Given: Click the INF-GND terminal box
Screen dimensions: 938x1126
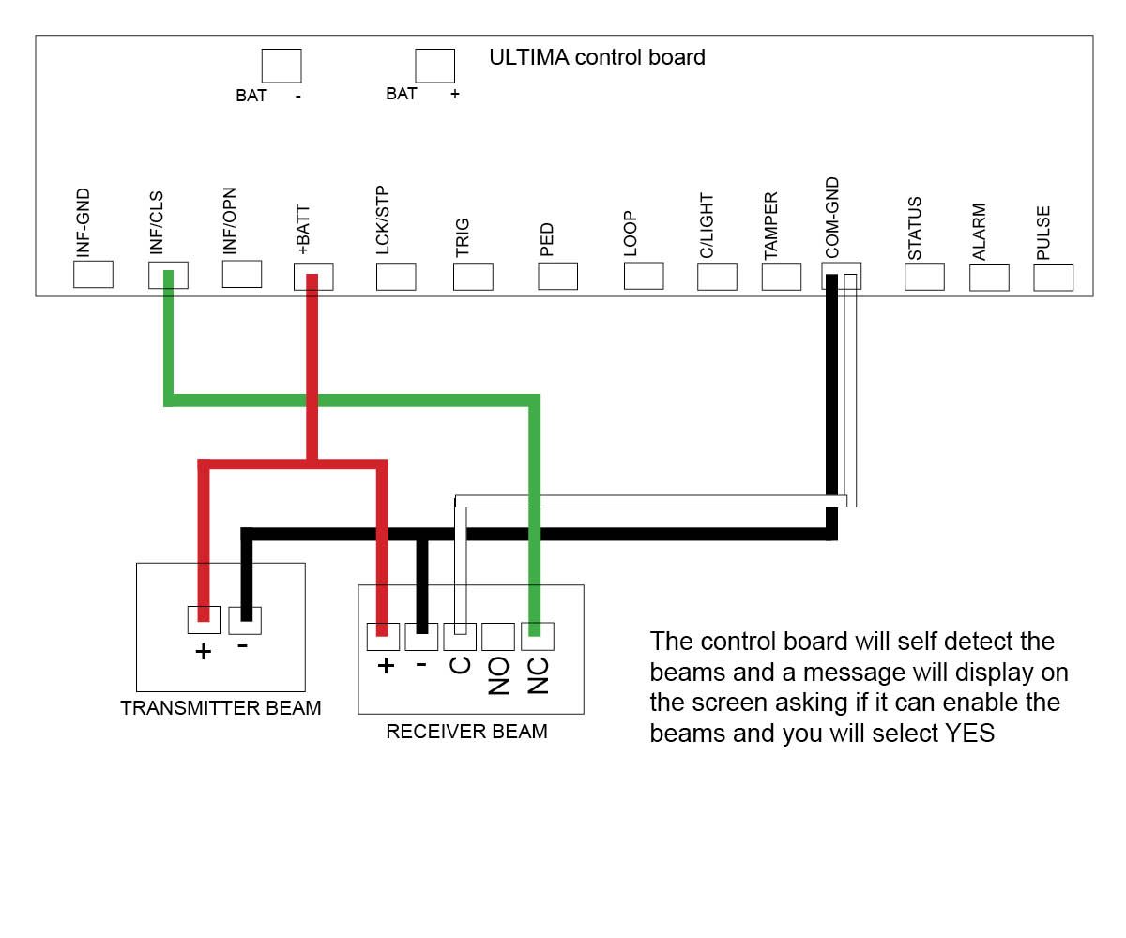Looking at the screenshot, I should coord(93,274).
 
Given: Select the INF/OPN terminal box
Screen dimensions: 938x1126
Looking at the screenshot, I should coord(242,274).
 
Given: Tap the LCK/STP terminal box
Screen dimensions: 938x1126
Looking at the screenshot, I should coord(396,277).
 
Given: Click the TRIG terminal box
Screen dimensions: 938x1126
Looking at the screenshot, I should coord(473,277).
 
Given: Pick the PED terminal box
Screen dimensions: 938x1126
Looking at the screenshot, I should coord(557,277).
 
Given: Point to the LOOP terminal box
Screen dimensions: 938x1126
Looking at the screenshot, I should coord(644,276).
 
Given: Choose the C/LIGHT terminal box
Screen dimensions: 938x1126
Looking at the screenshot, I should coord(717,277).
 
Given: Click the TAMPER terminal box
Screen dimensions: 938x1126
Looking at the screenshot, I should coord(782,277).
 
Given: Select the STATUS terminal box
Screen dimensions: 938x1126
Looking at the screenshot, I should coord(924,277).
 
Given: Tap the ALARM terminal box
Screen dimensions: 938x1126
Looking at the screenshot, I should coord(989,278).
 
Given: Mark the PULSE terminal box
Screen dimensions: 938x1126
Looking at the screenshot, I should coord(1053,278).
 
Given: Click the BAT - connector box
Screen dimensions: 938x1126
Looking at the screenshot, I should coord(281,66).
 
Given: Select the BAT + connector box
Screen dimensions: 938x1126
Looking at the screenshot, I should coord(435,66).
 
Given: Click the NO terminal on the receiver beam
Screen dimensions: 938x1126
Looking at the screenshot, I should coord(497,637).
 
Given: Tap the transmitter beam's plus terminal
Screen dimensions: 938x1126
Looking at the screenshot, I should coord(204,620).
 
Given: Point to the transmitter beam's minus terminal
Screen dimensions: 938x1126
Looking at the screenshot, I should coord(245,620).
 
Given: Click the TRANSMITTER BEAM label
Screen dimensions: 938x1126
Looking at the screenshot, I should coord(221,708).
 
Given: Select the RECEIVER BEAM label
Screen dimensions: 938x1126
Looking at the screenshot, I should coord(466,732).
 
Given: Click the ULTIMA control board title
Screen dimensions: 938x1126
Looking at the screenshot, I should coord(597,57).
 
